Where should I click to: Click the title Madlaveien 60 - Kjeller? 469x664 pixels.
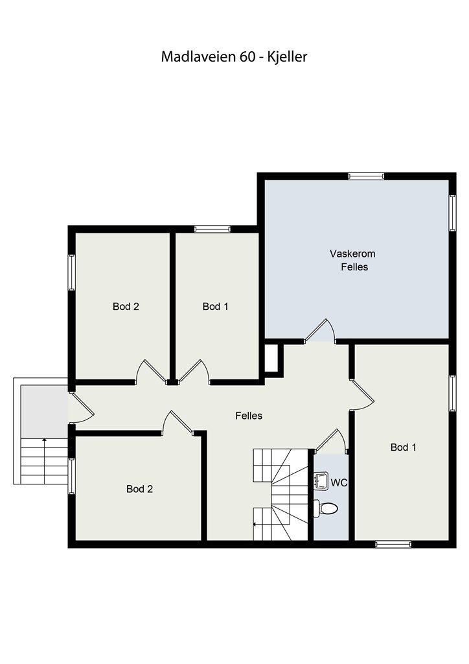(234, 57)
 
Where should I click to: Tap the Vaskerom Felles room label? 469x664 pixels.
(353, 260)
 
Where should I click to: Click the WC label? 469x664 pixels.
(339, 482)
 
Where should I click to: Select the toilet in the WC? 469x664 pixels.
(326, 508)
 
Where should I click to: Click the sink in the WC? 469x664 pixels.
(322, 481)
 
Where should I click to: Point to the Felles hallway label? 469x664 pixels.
(249, 416)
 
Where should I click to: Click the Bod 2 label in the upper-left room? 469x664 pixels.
(126, 306)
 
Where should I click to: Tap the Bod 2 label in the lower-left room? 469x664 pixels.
(139, 489)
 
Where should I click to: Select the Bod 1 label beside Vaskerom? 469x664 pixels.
(215, 306)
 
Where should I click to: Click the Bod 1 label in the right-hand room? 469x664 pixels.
(404, 447)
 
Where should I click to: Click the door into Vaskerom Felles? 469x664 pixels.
(320, 331)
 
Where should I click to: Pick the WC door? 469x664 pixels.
(332, 440)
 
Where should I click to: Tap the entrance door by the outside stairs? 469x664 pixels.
(81, 407)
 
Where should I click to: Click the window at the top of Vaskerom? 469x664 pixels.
(366, 176)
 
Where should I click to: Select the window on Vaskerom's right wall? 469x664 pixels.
(453, 213)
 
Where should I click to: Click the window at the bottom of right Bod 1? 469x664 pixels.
(393, 544)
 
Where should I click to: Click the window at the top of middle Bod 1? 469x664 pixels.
(212, 229)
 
